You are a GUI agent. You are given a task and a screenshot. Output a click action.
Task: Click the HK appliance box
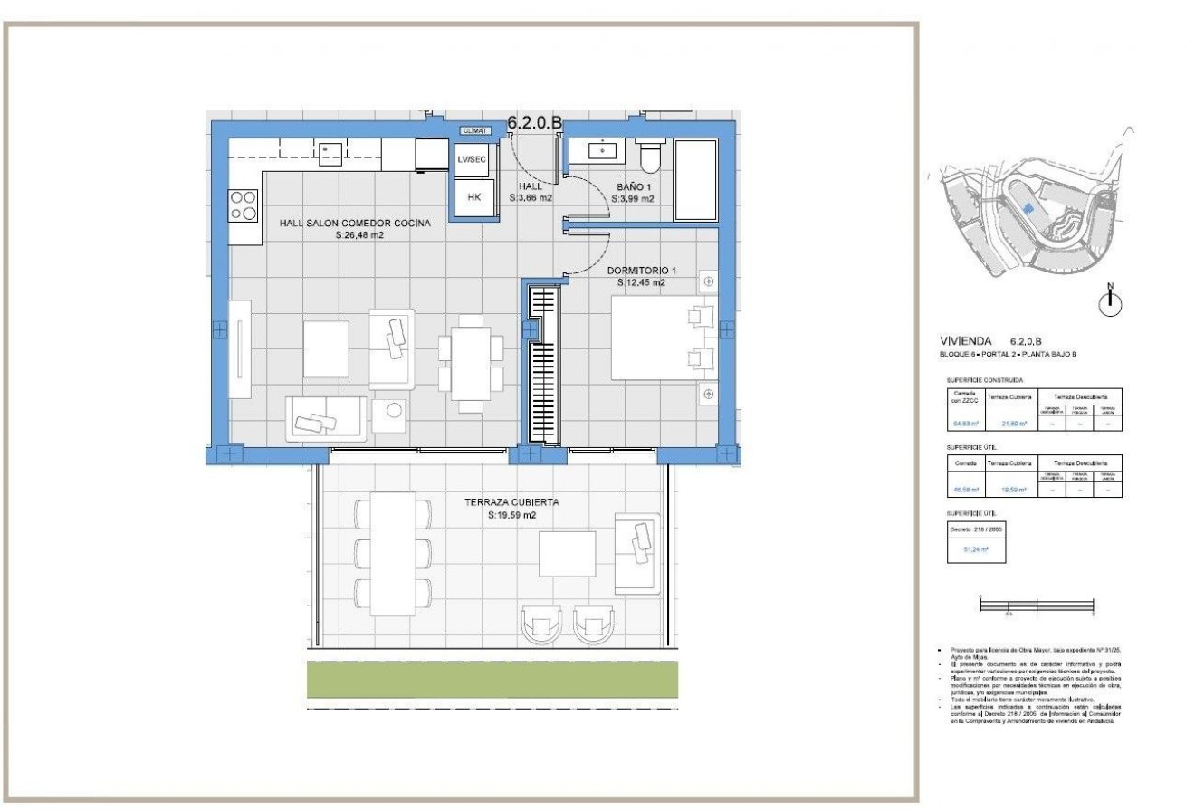tap(473, 197)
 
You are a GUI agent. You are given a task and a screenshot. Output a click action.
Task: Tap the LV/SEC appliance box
tap(473, 159)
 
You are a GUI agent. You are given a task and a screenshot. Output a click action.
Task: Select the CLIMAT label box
tap(474, 130)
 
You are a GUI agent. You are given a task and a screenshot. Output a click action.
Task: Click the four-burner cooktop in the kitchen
tap(243, 205)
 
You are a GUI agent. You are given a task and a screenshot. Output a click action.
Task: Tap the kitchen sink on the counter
tap(330, 153)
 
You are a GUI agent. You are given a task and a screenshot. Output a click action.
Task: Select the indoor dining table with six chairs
tap(471, 362)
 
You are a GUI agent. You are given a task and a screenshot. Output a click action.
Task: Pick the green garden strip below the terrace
tap(492, 680)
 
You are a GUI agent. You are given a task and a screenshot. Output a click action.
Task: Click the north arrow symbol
tap(1111, 302)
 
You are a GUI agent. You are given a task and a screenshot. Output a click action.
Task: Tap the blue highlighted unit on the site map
tap(1028, 207)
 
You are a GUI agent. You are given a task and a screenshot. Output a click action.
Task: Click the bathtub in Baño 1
tap(695, 179)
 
